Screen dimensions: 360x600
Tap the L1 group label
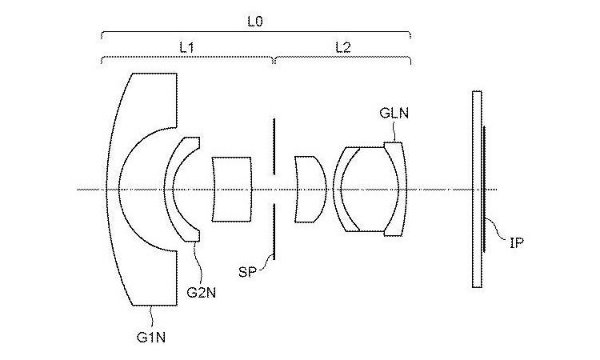(187, 47)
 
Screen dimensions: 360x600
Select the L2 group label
(342, 47)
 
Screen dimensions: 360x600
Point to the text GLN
(394, 114)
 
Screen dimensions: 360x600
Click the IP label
(517, 241)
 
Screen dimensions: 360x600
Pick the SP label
(248, 273)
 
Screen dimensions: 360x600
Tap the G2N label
(200, 292)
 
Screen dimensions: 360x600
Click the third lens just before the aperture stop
(232, 190)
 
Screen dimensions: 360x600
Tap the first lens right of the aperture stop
(309, 190)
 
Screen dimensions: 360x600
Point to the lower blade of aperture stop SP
(274, 231)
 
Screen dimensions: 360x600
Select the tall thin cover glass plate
(477, 190)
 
